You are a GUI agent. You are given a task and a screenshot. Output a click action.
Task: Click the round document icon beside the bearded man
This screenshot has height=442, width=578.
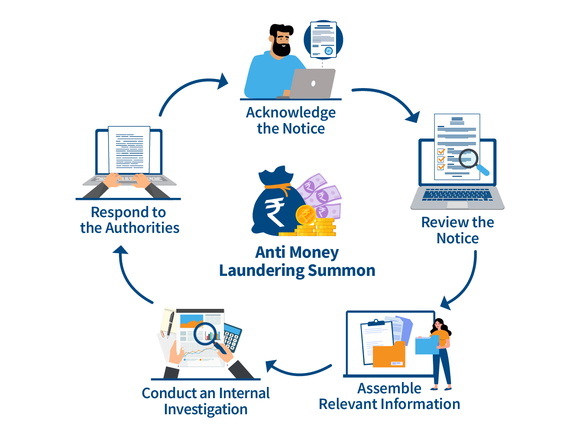coord(323,39)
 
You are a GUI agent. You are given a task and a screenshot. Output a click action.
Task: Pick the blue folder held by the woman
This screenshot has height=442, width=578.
coord(426,345)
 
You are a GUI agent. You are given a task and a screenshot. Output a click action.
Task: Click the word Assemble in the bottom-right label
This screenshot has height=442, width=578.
coord(389,389)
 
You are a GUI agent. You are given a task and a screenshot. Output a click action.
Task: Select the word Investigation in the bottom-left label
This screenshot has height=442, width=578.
coord(205,409)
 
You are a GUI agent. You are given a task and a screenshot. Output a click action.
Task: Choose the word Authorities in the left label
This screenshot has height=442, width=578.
coord(142,228)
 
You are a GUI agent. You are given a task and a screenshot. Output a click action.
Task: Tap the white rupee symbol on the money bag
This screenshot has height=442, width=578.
coord(274,212)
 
